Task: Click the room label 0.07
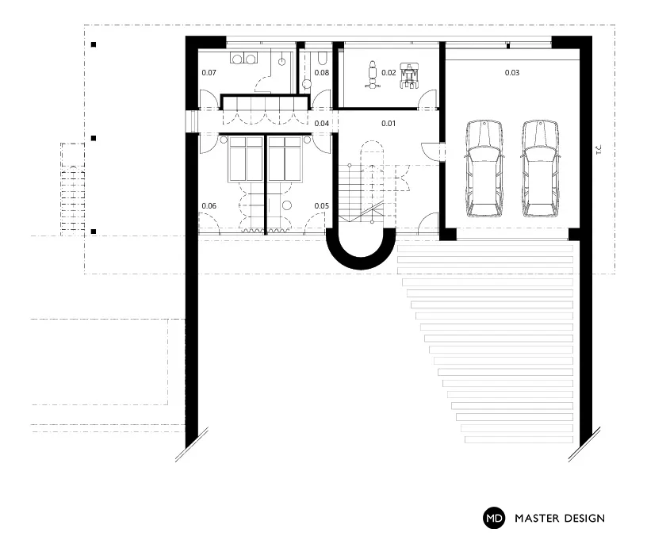(x=209, y=73)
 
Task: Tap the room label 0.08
(x=321, y=73)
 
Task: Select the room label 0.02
(x=389, y=73)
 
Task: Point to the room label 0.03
(x=511, y=73)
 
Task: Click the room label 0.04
(x=321, y=124)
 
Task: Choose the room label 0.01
(x=389, y=124)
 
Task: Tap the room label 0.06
(x=209, y=206)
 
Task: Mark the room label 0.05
(x=321, y=206)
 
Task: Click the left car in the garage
(x=484, y=169)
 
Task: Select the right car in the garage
(x=541, y=169)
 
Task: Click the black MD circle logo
(x=494, y=518)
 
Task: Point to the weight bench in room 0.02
(x=372, y=75)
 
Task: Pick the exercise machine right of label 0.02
(x=409, y=76)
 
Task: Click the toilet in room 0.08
(x=322, y=59)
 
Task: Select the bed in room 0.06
(x=246, y=159)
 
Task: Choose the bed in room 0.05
(x=285, y=159)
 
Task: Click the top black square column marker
(x=94, y=44)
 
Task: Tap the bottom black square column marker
(x=94, y=232)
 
